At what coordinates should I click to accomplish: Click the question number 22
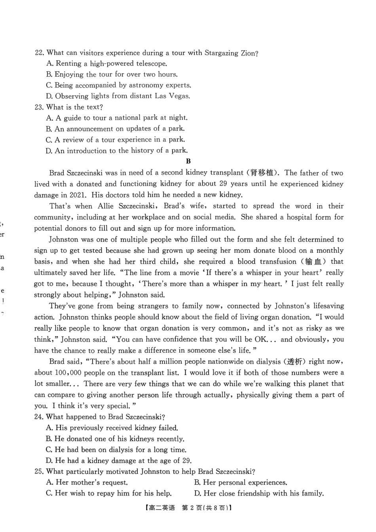pyautogui.click(x=39, y=53)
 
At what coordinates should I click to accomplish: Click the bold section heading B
pyautogui.click(x=188, y=161)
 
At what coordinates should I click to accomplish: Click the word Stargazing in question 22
pyautogui.click(x=221, y=53)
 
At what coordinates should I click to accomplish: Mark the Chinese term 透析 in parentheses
pyautogui.click(x=295, y=361)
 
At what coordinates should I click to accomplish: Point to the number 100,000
pyautogui.click(x=68, y=372)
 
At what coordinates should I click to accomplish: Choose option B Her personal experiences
pyautogui.click(x=241, y=482)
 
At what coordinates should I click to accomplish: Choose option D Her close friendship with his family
pyautogui.click(x=259, y=493)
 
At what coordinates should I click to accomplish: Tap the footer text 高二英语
pyautogui.click(x=162, y=508)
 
